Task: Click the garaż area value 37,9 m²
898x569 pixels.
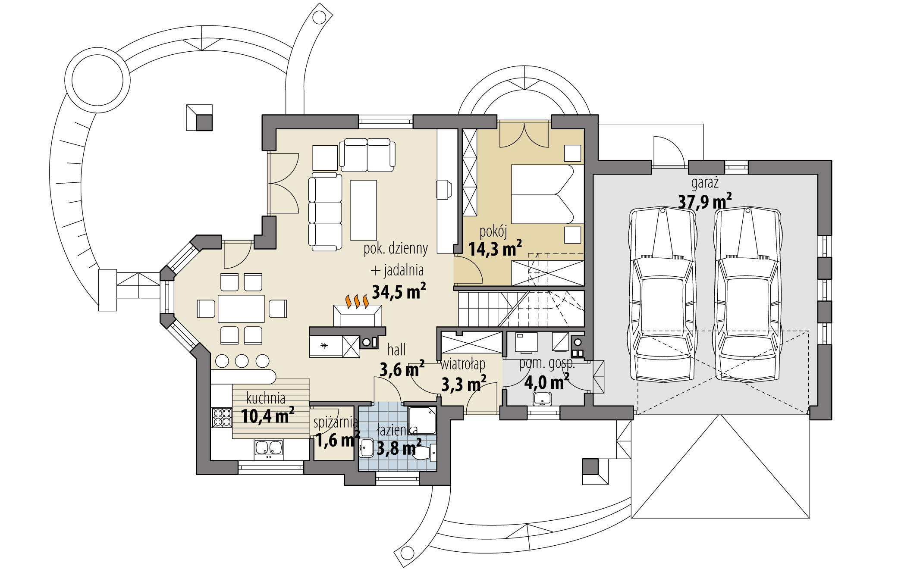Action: (x=705, y=201)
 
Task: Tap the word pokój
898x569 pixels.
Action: (x=493, y=232)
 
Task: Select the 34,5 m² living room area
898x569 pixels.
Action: (x=399, y=291)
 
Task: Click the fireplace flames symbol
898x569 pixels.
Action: (x=357, y=301)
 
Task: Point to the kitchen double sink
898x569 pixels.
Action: (x=268, y=448)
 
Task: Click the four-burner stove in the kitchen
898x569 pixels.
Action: (x=222, y=417)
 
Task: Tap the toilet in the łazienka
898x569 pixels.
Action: (x=425, y=453)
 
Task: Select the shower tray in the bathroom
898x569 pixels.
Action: (x=422, y=420)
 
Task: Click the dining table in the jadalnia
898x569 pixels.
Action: (x=241, y=309)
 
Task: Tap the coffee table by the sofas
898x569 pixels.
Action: (x=364, y=210)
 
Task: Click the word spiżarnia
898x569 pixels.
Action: (x=336, y=422)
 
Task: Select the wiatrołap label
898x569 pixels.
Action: (x=463, y=365)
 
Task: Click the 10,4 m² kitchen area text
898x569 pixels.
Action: (x=267, y=416)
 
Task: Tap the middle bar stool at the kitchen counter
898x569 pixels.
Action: (x=242, y=361)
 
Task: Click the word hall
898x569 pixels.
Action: (x=396, y=349)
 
